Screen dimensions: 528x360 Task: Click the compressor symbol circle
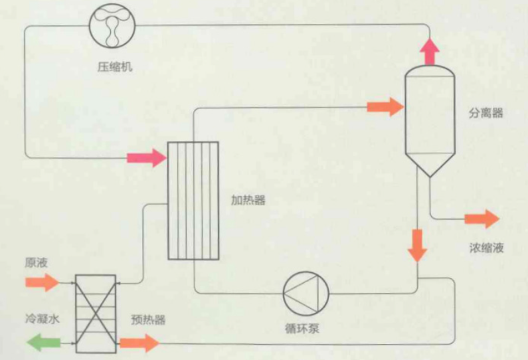point(112,26)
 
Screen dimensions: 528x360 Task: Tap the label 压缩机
point(115,66)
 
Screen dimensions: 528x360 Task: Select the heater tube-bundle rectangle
point(193,201)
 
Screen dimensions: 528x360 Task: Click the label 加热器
point(248,200)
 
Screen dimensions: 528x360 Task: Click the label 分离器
point(486,113)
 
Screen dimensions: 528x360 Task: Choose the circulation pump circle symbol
point(306,294)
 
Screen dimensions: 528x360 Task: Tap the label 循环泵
point(302,328)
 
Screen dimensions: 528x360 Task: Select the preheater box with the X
point(96,314)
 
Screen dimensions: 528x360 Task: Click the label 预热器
point(148,319)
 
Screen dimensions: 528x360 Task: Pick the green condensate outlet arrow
point(44,343)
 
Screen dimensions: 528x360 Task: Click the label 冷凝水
point(43,318)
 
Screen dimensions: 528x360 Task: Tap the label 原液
point(36,262)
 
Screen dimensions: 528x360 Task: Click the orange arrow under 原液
point(43,282)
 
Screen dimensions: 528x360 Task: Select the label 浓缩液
point(487,248)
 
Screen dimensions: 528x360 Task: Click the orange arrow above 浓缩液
point(482,219)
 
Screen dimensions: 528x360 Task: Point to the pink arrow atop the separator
point(430,51)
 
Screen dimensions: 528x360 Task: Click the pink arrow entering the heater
point(147,157)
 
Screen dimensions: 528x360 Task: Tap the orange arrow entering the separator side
point(386,107)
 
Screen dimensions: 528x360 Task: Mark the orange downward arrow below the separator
point(418,246)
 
